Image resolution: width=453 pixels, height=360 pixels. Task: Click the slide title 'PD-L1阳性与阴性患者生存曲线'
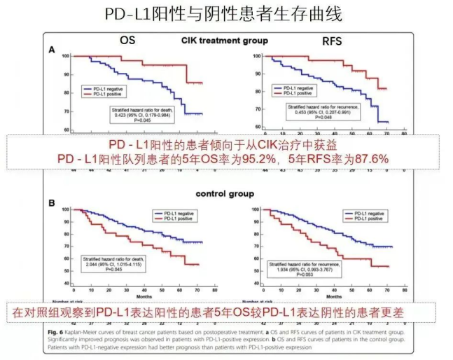pos(226,14)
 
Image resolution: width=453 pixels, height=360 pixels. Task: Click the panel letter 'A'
pos(51,51)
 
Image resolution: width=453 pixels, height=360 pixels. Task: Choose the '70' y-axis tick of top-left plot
pos(67,111)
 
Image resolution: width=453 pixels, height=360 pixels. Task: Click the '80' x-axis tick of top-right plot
pos(404,137)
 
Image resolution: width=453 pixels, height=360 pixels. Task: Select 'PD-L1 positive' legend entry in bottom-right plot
pos(369,219)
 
